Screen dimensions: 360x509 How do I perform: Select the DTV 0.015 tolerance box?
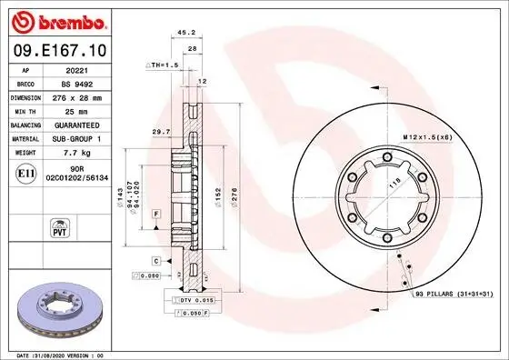click(x=194, y=299)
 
